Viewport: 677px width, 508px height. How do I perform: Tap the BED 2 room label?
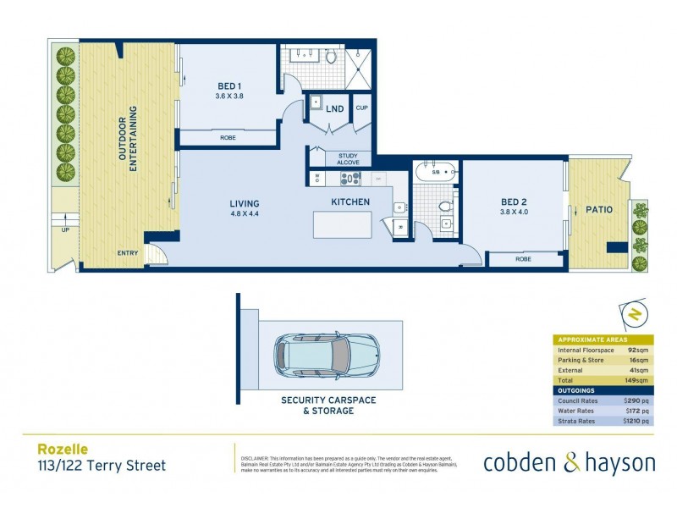(x=514, y=202)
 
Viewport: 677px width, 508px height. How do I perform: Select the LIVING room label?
(x=244, y=204)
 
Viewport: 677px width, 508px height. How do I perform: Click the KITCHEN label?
(x=350, y=202)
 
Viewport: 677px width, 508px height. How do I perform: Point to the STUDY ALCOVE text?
(x=348, y=159)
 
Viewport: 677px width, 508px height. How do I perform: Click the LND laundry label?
(x=335, y=108)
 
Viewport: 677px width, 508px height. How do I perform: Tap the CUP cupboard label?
(x=361, y=108)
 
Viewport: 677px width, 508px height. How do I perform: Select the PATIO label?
(x=597, y=208)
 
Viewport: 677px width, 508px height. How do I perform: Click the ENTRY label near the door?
(x=128, y=252)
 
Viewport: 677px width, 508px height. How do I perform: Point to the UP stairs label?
(x=65, y=229)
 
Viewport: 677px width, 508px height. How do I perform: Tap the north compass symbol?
(x=633, y=315)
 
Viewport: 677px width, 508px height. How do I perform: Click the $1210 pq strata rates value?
(x=635, y=421)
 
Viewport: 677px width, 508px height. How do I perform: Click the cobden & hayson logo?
(x=569, y=463)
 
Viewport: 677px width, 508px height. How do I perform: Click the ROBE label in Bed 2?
(x=523, y=259)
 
